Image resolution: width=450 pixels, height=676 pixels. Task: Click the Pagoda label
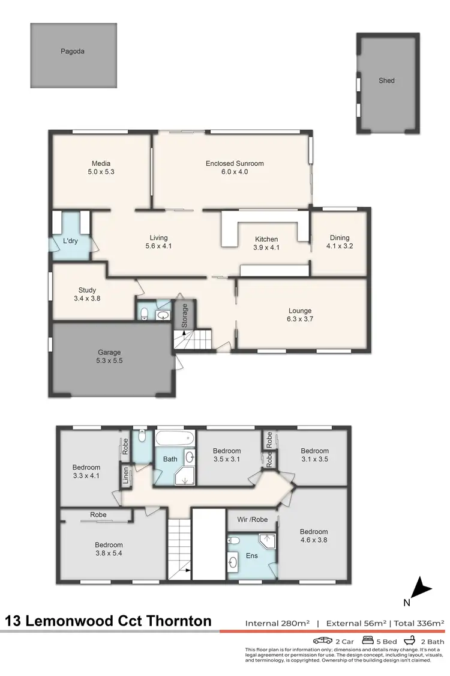click(x=73, y=52)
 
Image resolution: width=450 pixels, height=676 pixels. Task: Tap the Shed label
click(x=386, y=81)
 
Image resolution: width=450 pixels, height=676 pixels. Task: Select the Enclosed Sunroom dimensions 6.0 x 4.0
click(x=235, y=172)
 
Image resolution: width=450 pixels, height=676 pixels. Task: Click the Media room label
click(x=101, y=163)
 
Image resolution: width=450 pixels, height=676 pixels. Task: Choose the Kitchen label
click(x=266, y=239)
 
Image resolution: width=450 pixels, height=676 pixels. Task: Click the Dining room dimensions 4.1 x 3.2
click(x=338, y=246)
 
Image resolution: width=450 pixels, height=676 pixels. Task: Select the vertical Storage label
click(x=185, y=314)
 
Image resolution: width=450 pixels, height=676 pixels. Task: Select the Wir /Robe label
click(x=252, y=519)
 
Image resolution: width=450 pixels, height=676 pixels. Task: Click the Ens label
click(x=252, y=556)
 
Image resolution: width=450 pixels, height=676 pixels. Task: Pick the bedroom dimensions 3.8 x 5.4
click(x=108, y=553)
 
